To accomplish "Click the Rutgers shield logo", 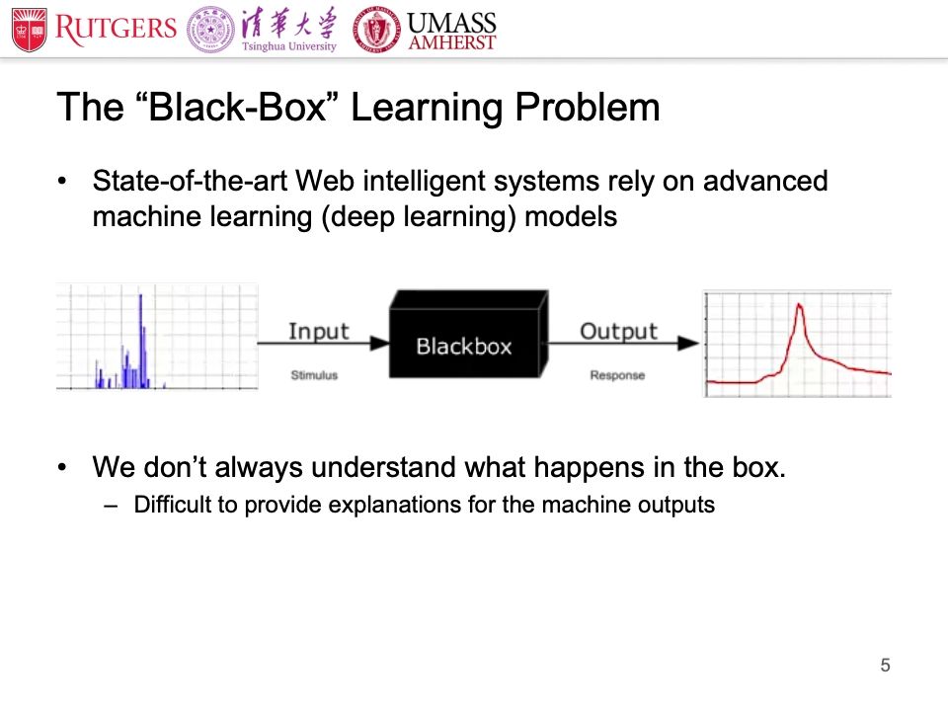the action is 29,30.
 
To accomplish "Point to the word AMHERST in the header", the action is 452,42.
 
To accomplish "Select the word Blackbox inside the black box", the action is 463,347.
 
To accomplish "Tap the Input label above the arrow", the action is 318,331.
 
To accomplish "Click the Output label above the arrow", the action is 618,331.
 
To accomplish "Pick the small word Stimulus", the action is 314,375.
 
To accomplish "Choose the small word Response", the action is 617,375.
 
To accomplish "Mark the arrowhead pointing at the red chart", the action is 692,343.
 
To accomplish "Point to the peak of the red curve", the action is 800,304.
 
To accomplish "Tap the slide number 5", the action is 885,666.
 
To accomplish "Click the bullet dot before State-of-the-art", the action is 64,182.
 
